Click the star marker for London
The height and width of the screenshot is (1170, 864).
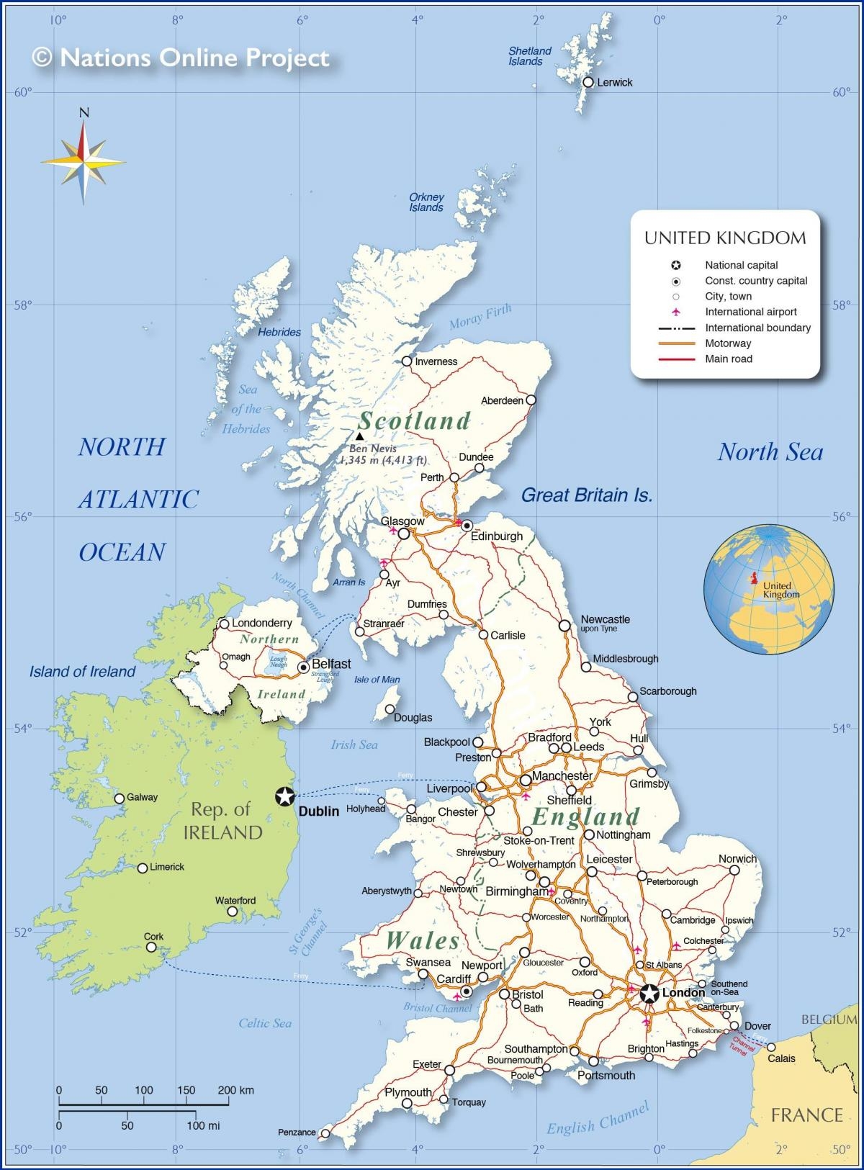click(x=649, y=994)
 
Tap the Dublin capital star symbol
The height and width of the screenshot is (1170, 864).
click(x=285, y=796)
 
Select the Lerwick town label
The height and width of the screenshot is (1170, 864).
click(x=614, y=83)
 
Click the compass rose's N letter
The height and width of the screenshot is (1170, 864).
click(x=84, y=112)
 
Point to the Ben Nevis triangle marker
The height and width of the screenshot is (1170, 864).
click(x=359, y=436)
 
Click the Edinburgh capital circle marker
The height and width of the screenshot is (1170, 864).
click(x=467, y=525)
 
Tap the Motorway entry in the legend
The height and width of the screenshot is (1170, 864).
click(x=728, y=343)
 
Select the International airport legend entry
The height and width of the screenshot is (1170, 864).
click(x=750, y=312)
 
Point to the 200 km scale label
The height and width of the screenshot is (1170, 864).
click(x=235, y=1090)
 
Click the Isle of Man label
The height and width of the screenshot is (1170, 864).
click(x=377, y=679)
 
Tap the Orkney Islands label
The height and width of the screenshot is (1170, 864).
click(x=426, y=202)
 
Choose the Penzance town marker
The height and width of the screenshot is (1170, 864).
click(x=325, y=1133)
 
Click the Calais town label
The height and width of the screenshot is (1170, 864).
click(x=781, y=1058)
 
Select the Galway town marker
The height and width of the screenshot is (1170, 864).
click(x=120, y=798)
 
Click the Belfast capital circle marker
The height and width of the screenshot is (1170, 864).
click(x=303, y=667)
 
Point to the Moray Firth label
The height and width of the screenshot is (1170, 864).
click(x=480, y=316)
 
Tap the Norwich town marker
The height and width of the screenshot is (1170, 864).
click(x=734, y=870)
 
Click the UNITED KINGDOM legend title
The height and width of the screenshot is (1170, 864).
click(x=725, y=238)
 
